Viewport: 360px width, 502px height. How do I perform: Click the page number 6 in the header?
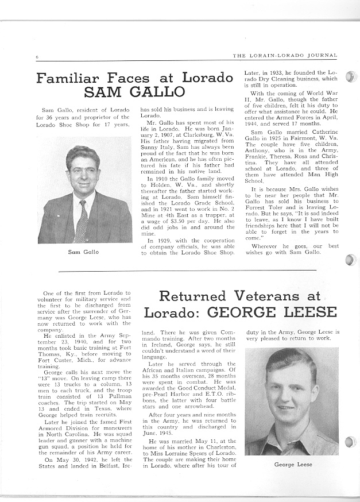coord(36,56)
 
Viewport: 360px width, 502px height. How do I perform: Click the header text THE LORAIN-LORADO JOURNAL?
coord(285,56)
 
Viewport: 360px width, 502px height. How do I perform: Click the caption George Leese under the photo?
coord(292,464)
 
